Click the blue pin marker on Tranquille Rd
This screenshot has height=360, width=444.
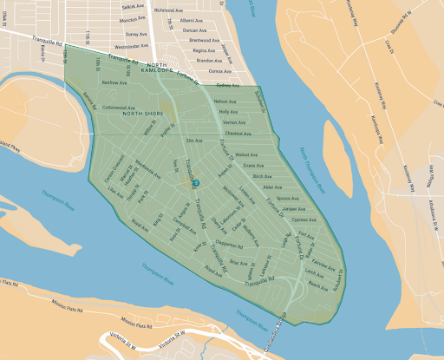[196, 182]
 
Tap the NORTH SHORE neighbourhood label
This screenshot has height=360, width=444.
[142, 113]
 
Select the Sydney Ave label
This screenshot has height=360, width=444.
[226, 85]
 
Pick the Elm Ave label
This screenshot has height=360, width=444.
[193, 140]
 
